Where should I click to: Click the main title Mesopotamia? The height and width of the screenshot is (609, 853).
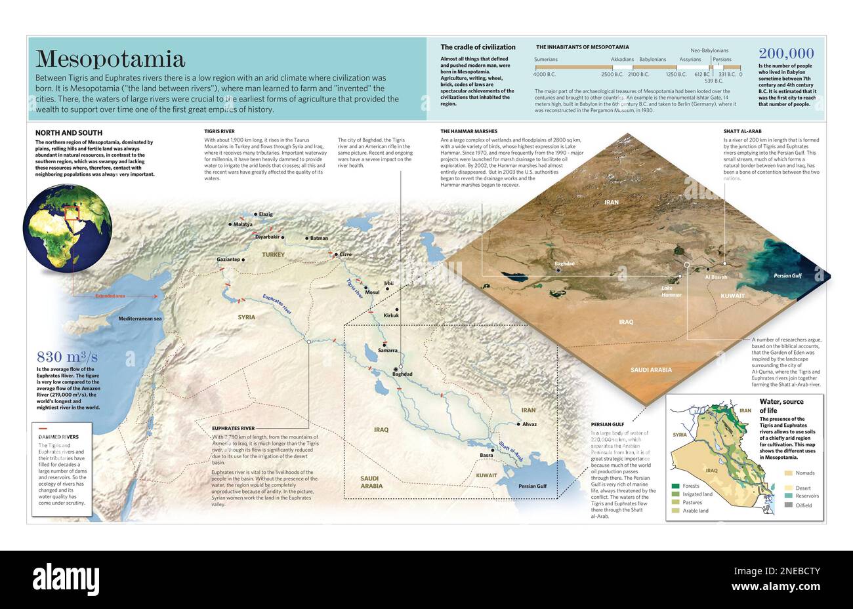110,59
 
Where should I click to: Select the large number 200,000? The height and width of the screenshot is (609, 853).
786,54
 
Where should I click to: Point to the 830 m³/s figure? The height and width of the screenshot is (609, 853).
67,357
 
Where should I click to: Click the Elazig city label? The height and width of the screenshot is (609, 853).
266,214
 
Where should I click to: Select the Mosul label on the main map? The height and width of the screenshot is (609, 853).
372,292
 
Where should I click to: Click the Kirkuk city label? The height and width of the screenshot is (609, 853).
391,315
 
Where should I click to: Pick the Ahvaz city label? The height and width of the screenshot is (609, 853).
530,424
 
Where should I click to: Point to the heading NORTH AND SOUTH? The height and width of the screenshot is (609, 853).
68,133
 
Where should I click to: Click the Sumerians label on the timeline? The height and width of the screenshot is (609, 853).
546,60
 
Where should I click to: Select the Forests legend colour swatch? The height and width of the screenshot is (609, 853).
675,486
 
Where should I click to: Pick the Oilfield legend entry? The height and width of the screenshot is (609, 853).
804,505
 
